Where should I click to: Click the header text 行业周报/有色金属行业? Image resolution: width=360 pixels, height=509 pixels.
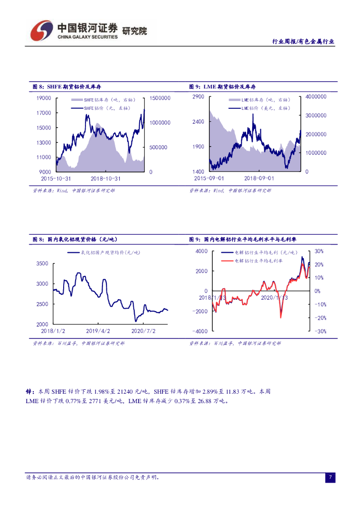(303, 42)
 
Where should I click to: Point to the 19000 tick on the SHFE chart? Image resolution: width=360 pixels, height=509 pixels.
(44, 98)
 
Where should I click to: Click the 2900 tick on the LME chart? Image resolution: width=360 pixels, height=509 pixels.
(198, 96)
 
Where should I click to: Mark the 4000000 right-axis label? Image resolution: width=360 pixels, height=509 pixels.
(316, 96)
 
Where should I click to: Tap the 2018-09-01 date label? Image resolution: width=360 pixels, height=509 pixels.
(259, 178)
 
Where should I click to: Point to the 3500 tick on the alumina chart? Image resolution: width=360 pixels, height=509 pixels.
(42, 263)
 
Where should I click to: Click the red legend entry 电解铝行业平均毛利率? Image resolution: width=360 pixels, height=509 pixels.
(258, 260)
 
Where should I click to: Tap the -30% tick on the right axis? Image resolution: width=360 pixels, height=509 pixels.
(320, 331)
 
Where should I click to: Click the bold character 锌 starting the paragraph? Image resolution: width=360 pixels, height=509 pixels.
(28, 392)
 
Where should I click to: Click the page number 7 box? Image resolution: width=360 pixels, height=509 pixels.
(330, 478)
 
